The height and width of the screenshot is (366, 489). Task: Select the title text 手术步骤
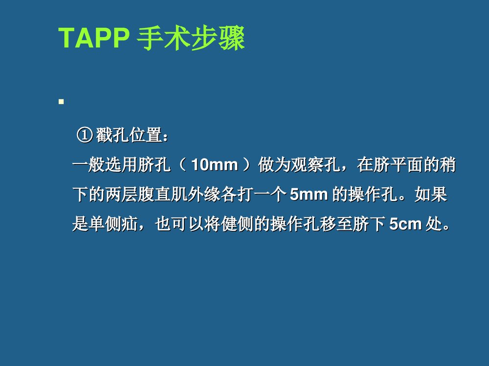coord(190,39)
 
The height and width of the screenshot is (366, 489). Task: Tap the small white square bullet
coord(62,102)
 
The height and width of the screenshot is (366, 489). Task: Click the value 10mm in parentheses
coord(214,165)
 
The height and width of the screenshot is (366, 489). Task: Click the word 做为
coord(272,165)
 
